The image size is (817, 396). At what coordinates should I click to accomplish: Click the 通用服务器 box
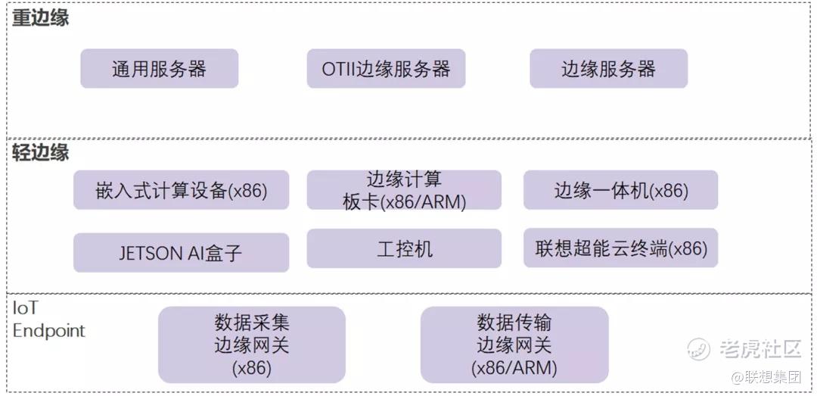[x=159, y=69]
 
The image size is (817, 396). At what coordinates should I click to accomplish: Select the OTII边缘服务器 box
[x=386, y=69]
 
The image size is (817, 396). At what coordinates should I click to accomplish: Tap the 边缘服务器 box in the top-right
[x=608, y=69]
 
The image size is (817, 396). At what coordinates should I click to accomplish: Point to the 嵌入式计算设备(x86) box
[x=181, y=190]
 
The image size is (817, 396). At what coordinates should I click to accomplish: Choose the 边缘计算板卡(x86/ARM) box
[x=404, y=190]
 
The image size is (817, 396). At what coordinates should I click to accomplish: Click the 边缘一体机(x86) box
[x=620, y=190]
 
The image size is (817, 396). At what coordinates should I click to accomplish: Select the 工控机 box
[x=404, y=249]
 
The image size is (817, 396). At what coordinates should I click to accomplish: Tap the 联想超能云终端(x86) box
[x=620, y=248]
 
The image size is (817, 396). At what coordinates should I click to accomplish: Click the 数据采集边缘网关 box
[x=251, y=345]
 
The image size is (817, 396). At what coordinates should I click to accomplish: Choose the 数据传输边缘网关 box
[x=514, y=345]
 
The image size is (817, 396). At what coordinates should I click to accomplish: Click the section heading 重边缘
[x=40, y=18]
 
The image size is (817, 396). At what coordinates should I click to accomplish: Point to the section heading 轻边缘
[x=40, y=152]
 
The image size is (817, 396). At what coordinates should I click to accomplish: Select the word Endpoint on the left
[x=49, y=331]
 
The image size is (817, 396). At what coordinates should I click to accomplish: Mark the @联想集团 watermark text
[x=765, y=376]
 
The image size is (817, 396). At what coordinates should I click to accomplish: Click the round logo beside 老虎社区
[x=699, y=349]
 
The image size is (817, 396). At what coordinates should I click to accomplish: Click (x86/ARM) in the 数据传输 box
[x=514, y=369]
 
